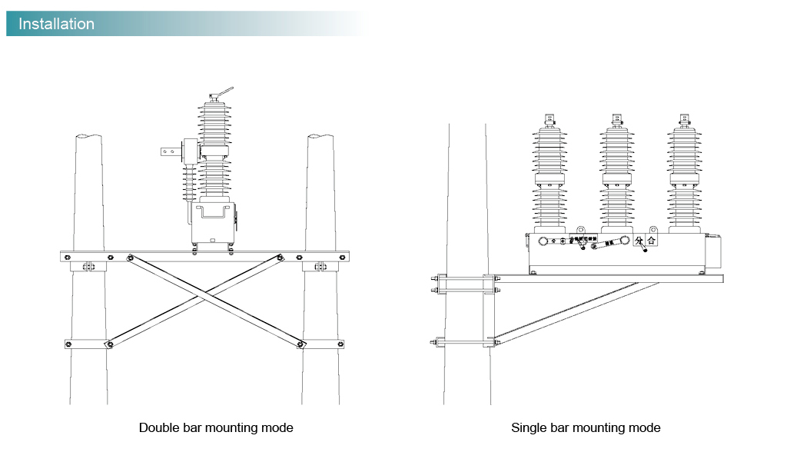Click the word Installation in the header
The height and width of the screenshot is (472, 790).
pos(56,24)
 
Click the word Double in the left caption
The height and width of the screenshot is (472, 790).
pos(158,427)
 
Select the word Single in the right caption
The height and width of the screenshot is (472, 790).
pos(529,427)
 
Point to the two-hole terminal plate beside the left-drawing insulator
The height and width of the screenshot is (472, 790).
pos(168,152)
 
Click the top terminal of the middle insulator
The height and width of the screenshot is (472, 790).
pos(616,120)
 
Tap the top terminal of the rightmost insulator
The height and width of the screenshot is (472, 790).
pos(683,120)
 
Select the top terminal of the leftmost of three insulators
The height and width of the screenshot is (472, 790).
pos(549,120)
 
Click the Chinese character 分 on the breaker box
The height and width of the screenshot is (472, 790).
pos(639,241)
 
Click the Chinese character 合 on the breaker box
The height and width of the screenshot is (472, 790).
pos(652,241)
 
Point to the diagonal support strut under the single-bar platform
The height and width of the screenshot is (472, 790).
pos(576,311)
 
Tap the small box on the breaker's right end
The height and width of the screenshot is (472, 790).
pos(717,249)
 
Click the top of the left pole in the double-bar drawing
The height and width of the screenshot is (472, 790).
pos(88,138)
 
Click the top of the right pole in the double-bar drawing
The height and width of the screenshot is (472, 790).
pos(320,138)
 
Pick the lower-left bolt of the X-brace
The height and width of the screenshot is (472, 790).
pos(109,344)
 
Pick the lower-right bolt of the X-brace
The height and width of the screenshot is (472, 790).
pos(300,344)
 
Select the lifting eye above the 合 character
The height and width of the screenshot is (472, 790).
pos(652,229)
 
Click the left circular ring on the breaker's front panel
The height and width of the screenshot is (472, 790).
pos(545,241)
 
